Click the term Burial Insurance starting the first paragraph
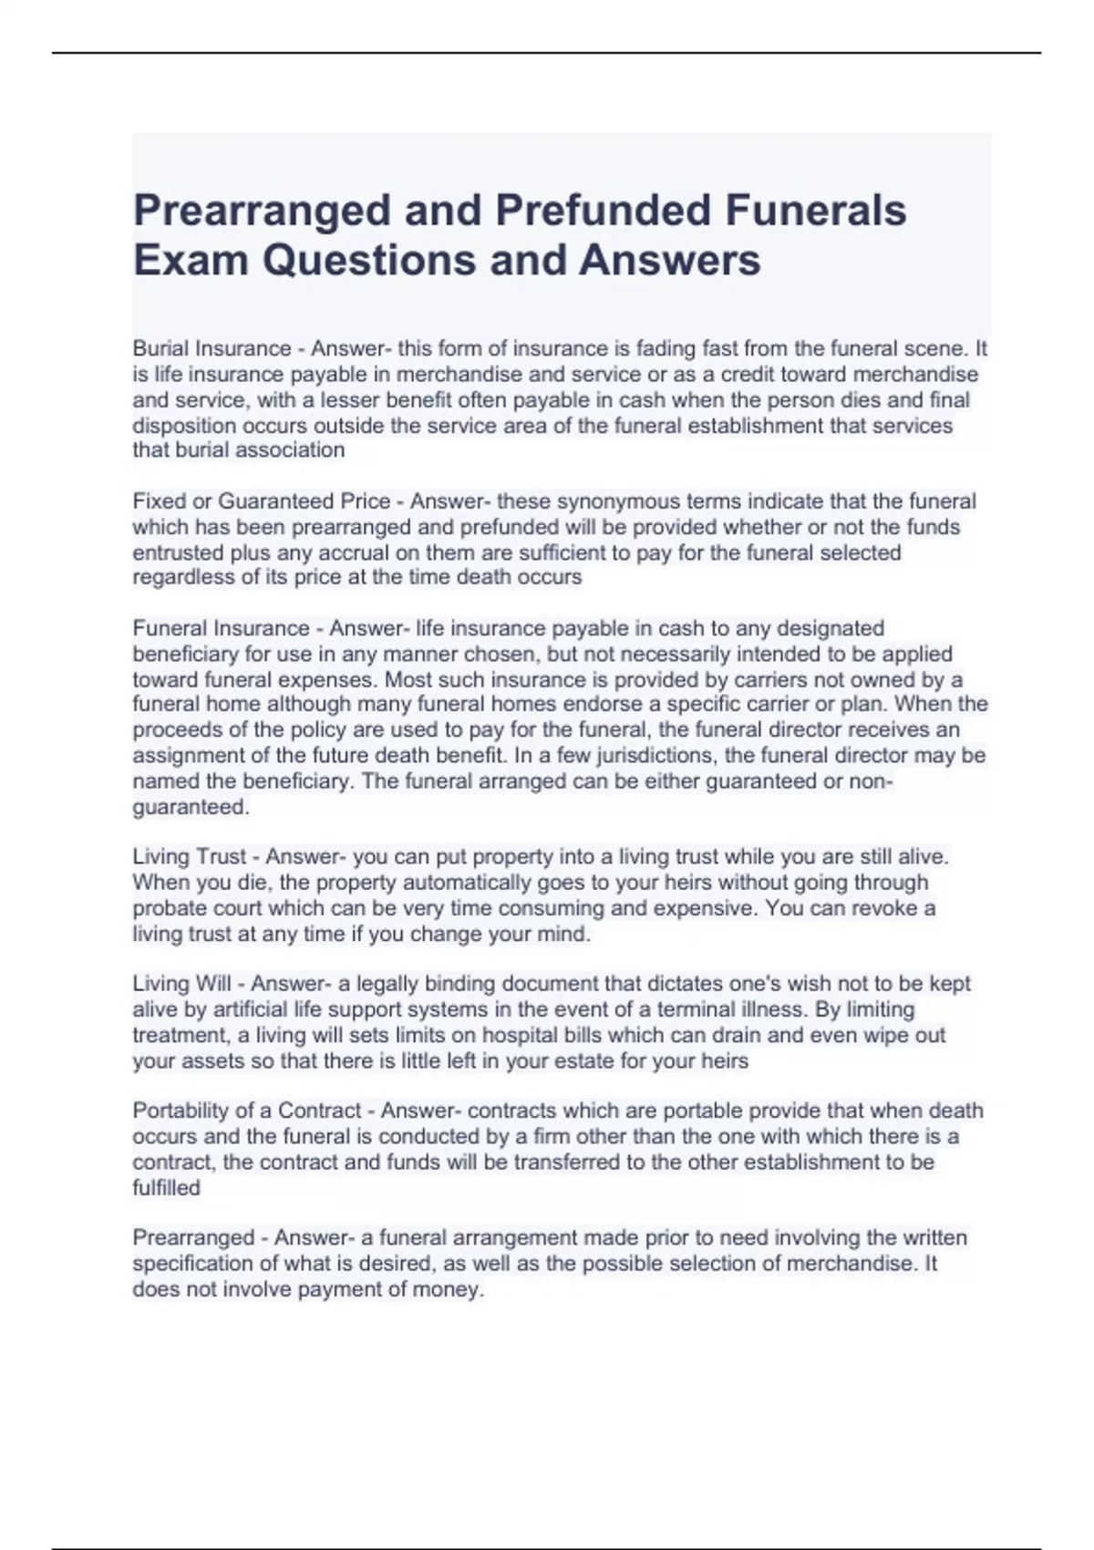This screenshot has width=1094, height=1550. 212,348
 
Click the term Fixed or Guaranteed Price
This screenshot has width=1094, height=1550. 262,501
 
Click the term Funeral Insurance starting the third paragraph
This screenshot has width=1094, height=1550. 221,628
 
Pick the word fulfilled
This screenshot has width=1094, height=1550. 167,1187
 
